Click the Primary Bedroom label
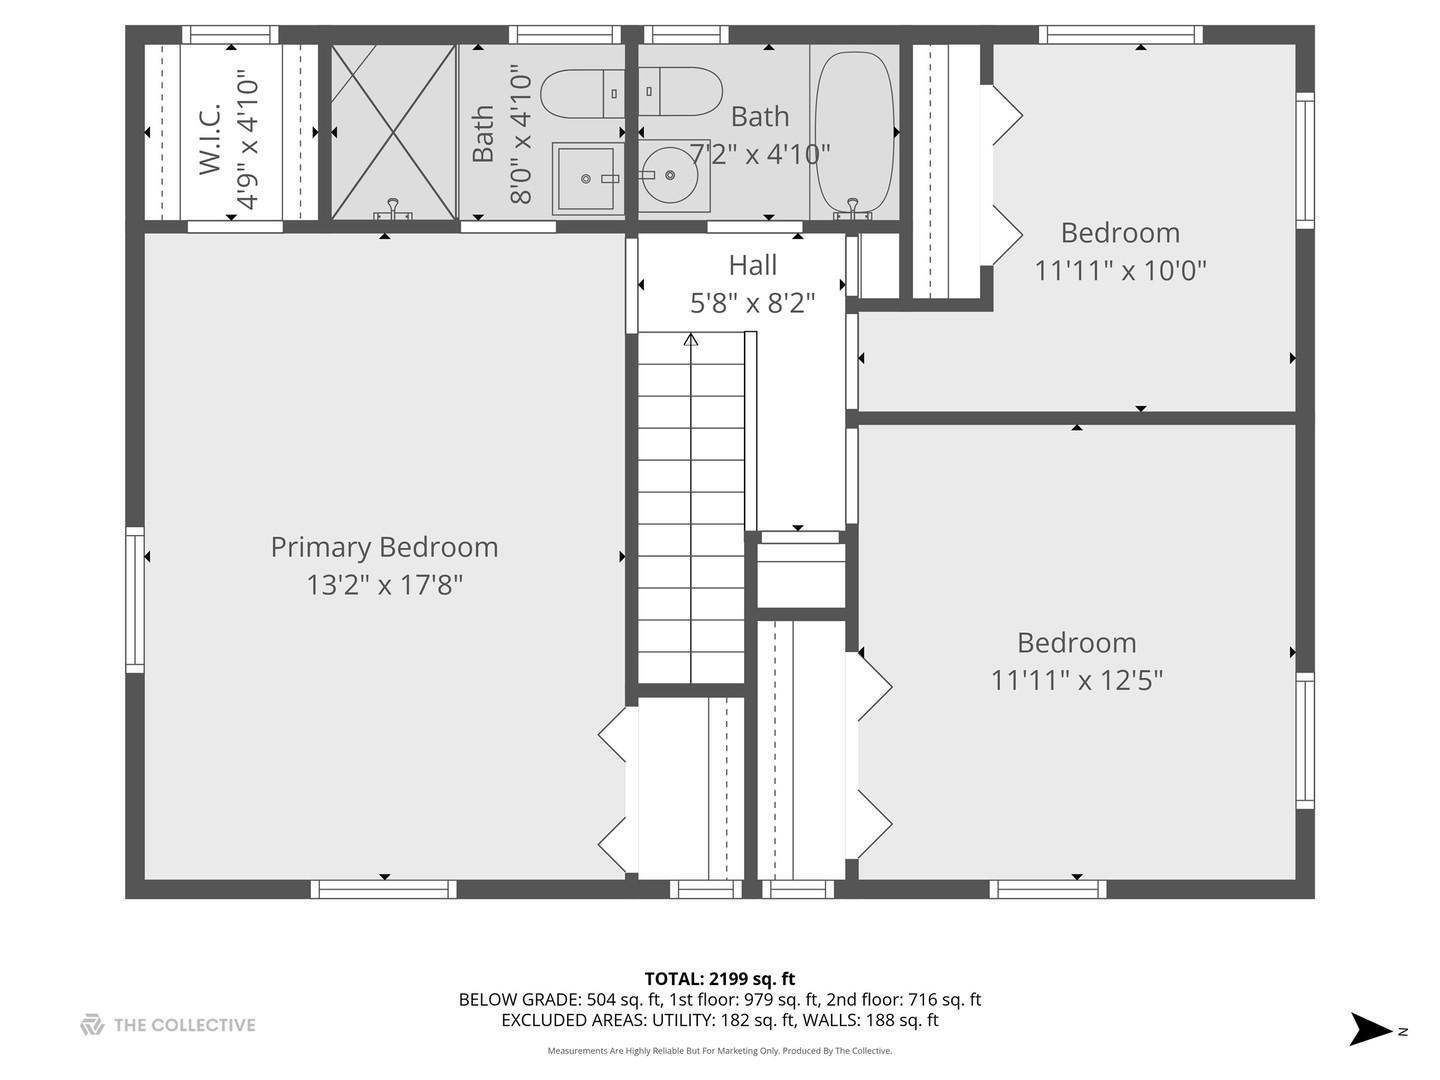pyautogui.click(x=384, y=547)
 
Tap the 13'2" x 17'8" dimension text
pyautogui.click(x=384, y=585)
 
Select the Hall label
pyautogui.click(x=752, y=265)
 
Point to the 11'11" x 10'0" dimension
pyautogui.click(x=1120, y=270)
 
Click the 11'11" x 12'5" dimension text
pyautogui.click(x=1076, y=680)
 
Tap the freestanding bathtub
pyautogui.click(x=854, y=130)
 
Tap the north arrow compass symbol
pyautogui.click(x=1371, y=1029)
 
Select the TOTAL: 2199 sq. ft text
pyautogui.click(x=719, y=979)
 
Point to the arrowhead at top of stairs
pyautogui.click(x=690, y=340)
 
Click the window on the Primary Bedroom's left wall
pyautogui.click(x=134, y=599)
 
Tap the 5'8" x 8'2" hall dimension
pyautogui.click(x=752, y=303)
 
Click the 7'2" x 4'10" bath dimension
pyautogui.click(x=761, y=154)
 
